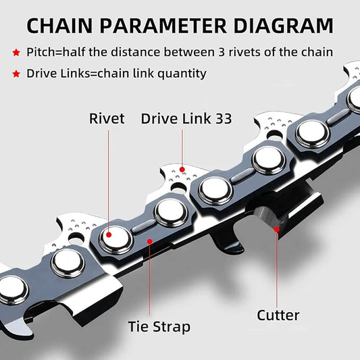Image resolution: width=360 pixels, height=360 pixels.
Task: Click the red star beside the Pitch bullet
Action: pyautogui.click(x=15, y=52)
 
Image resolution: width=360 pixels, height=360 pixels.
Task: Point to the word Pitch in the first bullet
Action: pyautogui.click(x=42, y=52)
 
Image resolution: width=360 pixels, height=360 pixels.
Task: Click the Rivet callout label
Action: pyautogui.click(x=107, y=119)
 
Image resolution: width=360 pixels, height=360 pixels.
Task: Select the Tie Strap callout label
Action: pyautogui.click(x=159, y=327)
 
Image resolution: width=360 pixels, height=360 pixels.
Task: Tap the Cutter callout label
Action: pyautogui.click(x=278, y=315)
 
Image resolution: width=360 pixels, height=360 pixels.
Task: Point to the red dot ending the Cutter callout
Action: pyautogui.click(x=277, y=230)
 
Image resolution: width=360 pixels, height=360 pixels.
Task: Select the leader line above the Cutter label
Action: pyautogui.click(x=277, y=270)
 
